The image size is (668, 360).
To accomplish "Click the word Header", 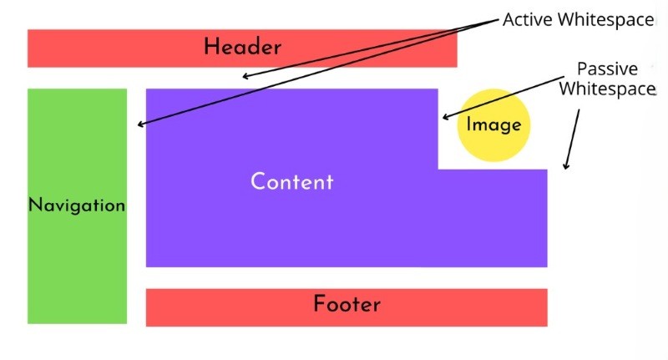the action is [x=242, y=47].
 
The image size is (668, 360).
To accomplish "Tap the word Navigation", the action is [x=77, y=205].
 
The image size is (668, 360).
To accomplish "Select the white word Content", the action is [x=291, y=181].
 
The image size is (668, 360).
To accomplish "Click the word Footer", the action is [x=347, y=304].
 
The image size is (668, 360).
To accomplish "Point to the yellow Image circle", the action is [x=493, y=124].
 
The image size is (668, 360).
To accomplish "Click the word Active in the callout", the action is [x=529, y=19].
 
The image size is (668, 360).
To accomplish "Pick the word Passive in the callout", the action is [x=607, y=69].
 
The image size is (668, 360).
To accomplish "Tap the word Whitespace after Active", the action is [x=605, y=20].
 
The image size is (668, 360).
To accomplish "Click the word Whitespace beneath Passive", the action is [x=607, y=89].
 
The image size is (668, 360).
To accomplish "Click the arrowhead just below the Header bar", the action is [x=245, y=77].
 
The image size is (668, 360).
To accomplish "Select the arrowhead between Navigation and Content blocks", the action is [x=140, y=124].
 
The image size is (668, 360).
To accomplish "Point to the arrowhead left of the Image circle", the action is [x=445, y=117].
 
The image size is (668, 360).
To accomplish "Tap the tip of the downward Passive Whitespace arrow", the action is [x=565, y=169].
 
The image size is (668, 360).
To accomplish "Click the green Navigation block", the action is [x=77, y=206].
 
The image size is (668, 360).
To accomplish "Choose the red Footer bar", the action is [x=347, y=307].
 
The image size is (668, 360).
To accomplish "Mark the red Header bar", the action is [x=242, y=48].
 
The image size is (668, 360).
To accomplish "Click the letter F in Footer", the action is [x=319, y=303].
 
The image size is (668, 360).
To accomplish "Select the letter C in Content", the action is [x=258, y=181].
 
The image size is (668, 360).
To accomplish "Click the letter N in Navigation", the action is [x=34, y=205].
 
